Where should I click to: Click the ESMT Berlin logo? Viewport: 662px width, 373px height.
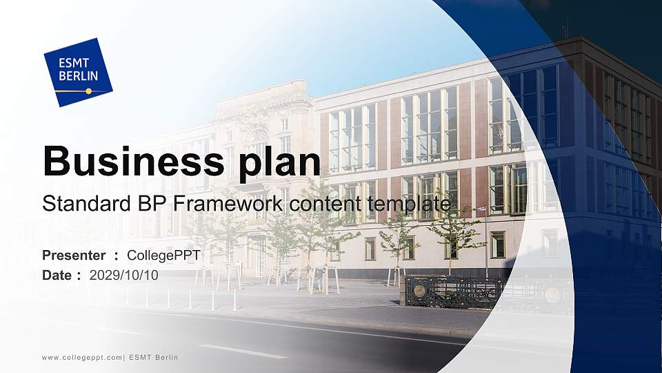click(x=77, y=72)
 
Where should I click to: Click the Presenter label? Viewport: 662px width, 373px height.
click(x=74, y=256)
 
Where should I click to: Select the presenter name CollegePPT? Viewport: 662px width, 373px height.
click(x=163, y=256)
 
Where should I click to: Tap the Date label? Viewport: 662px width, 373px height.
click(x=57, y=275)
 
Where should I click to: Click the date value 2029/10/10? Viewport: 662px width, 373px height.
click(x=124, y=275)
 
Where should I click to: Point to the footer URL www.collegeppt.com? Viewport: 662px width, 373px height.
click(x=82, y=357)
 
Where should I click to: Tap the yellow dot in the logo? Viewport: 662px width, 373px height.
click(x=88, y=90)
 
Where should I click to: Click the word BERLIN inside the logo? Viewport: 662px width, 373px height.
click(x=78, y=76)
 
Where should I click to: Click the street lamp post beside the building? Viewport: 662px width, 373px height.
click(x=486, y=242)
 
